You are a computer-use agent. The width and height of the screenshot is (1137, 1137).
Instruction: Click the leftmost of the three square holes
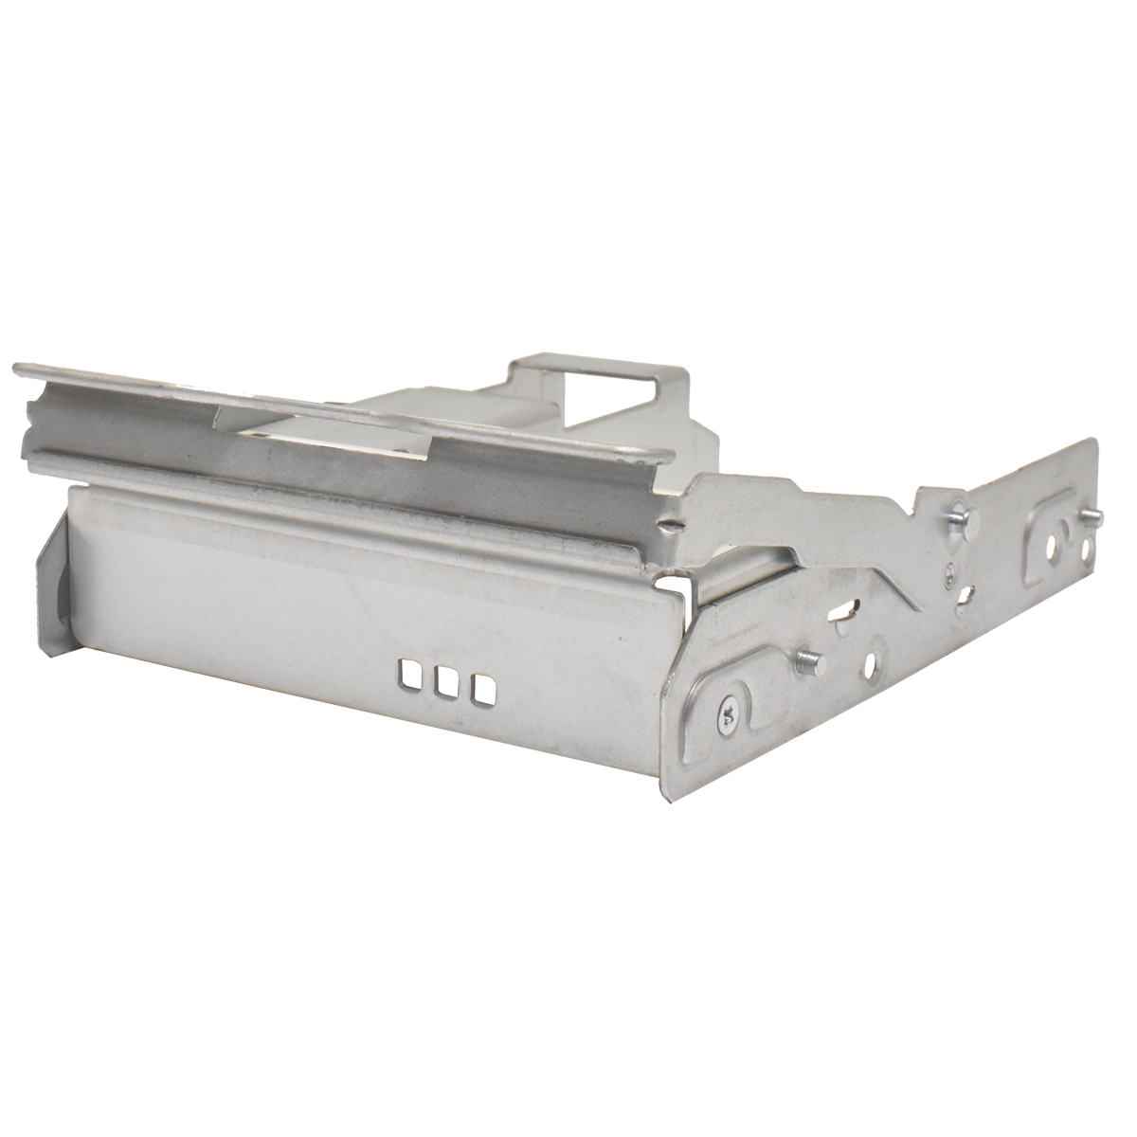(x=410, y=674)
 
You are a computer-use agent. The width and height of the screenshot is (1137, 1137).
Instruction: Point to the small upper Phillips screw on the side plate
(x=949, y=570)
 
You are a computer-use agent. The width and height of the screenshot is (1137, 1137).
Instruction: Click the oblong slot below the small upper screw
(x=965, y=595)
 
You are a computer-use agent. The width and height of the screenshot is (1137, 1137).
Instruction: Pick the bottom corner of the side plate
(x=671, y=796)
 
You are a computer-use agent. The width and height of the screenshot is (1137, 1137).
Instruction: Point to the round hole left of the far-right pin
(x=1053, y=548)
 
